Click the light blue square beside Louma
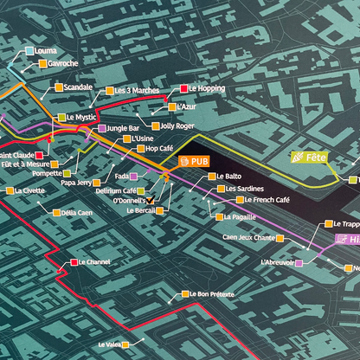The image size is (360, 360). pos(30,51)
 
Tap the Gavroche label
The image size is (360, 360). pos(63,63)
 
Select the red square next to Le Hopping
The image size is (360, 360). pos(183,89)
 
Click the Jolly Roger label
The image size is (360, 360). pos(177,125)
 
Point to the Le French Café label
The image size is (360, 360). pos(260,200)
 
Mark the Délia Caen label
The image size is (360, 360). pos(77,212)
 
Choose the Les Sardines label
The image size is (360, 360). pos(245,188)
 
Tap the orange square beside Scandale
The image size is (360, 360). pos(59,87)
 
